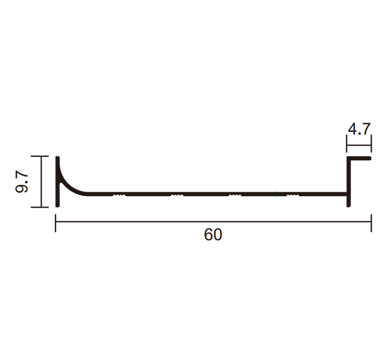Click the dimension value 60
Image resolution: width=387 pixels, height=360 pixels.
tap(213, 234)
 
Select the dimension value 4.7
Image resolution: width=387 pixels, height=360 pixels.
tap(359, 129)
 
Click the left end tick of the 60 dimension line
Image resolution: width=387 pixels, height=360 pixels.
tap(55, 223)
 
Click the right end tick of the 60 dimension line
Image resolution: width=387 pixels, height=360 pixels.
tap(371, 223)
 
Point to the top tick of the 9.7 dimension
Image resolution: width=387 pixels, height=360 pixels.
tap(40, 156)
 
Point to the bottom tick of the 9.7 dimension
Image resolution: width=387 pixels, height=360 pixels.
tap(40, 207)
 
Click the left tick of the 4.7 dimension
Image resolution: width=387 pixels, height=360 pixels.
tap(347, 144)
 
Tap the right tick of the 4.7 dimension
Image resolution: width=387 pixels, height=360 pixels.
tap(371, 144)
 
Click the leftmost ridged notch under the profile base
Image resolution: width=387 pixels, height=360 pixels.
tap(119, 196)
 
